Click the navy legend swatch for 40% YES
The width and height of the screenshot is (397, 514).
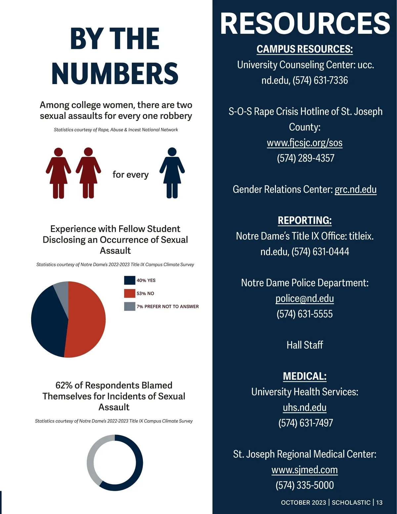129,280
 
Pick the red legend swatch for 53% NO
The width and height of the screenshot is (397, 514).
129,293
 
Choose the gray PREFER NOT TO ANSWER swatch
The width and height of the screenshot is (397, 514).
129,306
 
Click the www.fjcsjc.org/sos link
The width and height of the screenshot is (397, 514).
304,143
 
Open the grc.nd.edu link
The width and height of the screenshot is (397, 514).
355,189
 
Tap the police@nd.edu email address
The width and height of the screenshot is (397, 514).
304,299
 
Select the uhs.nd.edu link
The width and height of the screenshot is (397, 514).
304,407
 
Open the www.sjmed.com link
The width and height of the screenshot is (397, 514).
304,470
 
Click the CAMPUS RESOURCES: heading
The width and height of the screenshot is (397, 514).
304,49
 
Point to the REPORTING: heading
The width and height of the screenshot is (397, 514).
304,220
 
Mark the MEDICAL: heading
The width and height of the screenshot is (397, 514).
304,376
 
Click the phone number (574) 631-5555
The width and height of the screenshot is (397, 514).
304,314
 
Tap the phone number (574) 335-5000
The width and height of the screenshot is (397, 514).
304,485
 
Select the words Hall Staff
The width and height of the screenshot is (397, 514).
304,345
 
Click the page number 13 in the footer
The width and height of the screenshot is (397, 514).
379,502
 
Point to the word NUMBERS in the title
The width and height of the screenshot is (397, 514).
115,73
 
